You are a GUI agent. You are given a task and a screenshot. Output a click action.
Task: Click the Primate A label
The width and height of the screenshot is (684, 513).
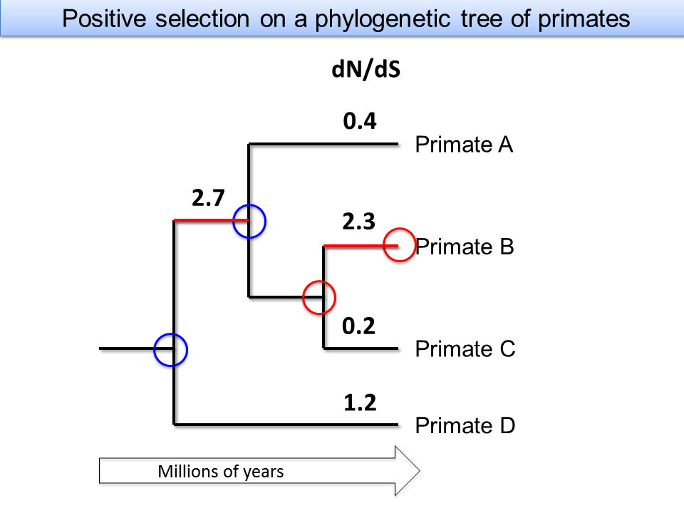pyautogui.click(x=464, y=145)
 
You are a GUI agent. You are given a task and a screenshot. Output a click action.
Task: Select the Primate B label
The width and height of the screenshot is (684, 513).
pyautogui.click(x=465, y=247)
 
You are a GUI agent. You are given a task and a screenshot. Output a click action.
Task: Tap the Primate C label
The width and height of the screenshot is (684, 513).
pyautogui.click(x=465, y=348)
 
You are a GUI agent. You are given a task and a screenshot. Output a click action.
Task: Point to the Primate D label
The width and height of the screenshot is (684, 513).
pyautogui.click(x=465, y=425)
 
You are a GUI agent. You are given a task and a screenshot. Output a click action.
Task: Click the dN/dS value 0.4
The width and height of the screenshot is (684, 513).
pyautogui.click(x=359, y=121)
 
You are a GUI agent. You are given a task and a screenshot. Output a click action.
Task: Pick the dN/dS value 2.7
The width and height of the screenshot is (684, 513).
pyautogui.click(x=208, y=197)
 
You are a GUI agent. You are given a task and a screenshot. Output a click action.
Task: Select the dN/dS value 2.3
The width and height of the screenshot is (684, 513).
pyautogui.click(x=358, y=221)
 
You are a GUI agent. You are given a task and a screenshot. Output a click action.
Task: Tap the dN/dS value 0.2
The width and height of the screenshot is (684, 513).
pyautogui.click(x=358, y=326)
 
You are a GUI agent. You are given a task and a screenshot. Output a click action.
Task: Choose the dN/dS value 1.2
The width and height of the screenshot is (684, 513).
pyautogui.click(x=360, y=402)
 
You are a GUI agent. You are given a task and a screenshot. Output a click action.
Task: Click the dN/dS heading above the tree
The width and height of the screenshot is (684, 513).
pyautogui.click(x=366, y=69)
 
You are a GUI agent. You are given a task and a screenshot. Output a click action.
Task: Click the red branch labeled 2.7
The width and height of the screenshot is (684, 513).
pyautogui.click(x=211, y=220)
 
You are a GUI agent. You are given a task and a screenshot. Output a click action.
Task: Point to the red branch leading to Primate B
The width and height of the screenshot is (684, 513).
pyautogui.click(x=361, y=246)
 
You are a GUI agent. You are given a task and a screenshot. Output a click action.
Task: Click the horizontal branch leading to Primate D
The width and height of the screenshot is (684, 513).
pyautogui.click(x=286, y=424)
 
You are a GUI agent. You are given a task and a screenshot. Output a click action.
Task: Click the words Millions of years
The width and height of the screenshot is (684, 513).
pyautogui.click(x=221, y=472)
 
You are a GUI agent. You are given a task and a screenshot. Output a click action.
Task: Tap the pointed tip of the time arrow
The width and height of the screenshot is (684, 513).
pyautogui.click(x=420, y=471)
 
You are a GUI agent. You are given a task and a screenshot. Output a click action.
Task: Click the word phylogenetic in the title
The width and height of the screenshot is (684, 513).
pyautogui.click(x=383, y=19)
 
